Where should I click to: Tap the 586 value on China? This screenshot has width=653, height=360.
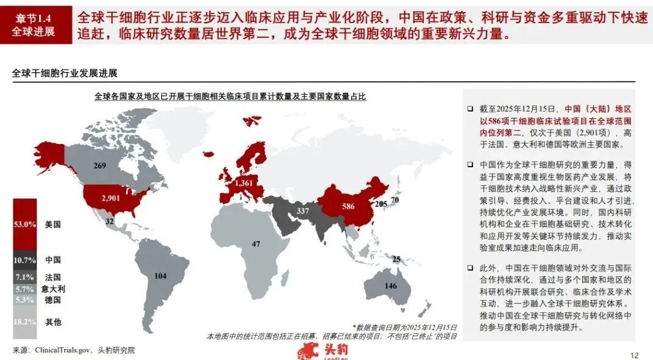tap(348, 206)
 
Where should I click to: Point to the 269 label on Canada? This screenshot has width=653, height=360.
tap(100, 165)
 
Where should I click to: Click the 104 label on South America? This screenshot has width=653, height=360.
tap(160, 276)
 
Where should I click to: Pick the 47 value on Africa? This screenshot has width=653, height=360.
tap(256, 244)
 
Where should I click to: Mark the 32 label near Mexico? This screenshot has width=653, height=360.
tap(110, 222)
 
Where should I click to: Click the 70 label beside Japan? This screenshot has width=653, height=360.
tap(395, 200)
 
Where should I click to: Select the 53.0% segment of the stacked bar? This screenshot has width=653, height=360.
tap(24, 225)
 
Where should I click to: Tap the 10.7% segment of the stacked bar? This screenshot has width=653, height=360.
tap(24, 260)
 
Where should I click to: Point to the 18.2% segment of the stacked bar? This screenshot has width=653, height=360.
tap(24, 322)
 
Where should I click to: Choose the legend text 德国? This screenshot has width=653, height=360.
tap(53, 300)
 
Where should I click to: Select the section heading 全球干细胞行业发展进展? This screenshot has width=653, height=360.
tap(65, 73)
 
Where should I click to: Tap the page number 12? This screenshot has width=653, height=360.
tap(633, 355)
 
